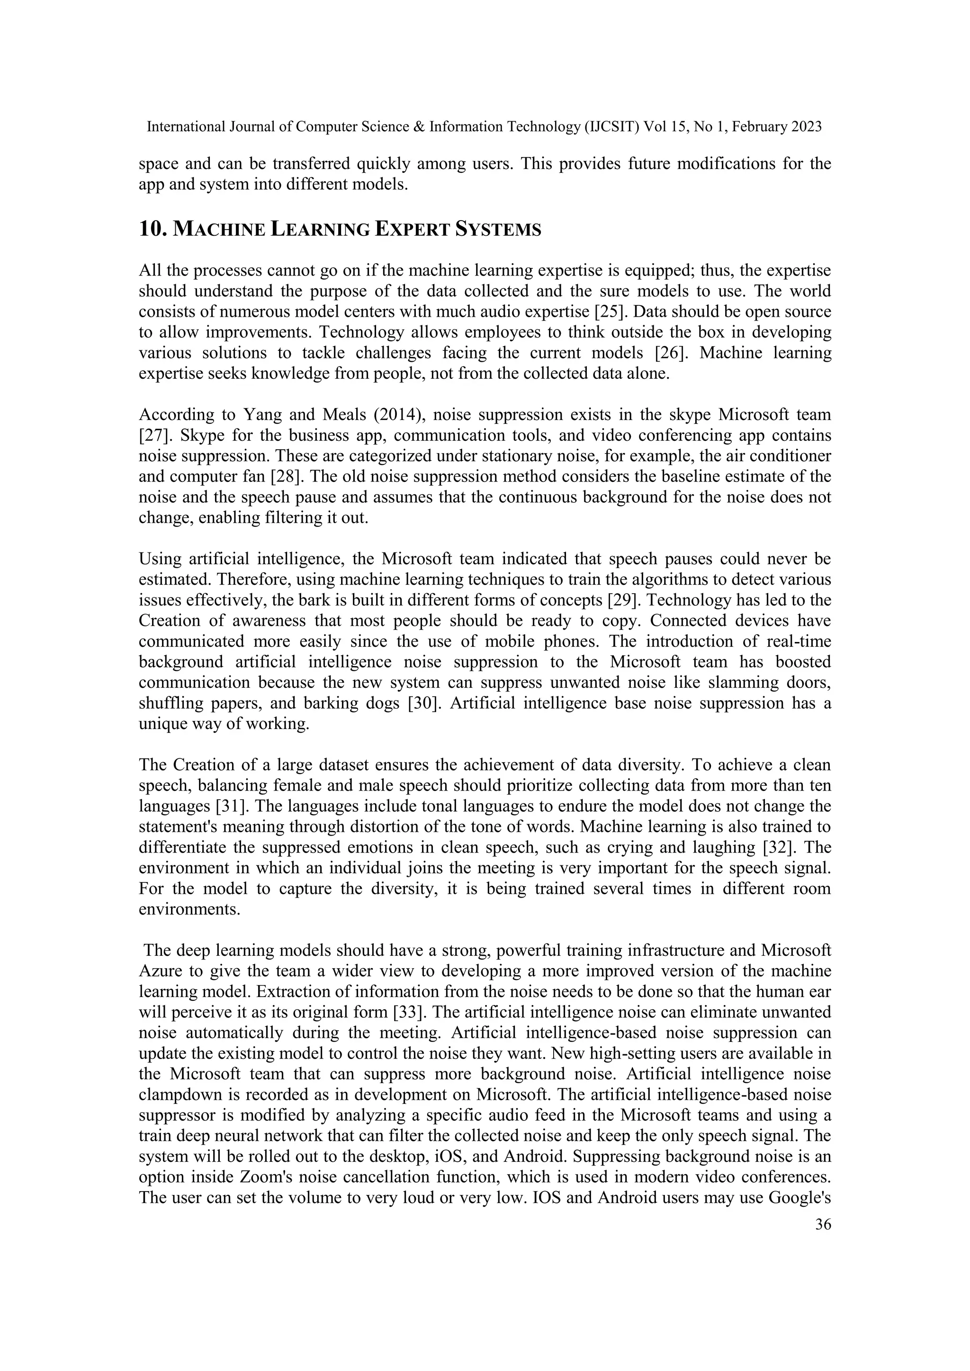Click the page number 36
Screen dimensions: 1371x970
(823, 1225)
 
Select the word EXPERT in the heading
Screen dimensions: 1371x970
(412, 229)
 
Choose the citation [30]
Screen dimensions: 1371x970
(424, 703)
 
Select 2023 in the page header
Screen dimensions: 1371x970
(806, 126)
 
